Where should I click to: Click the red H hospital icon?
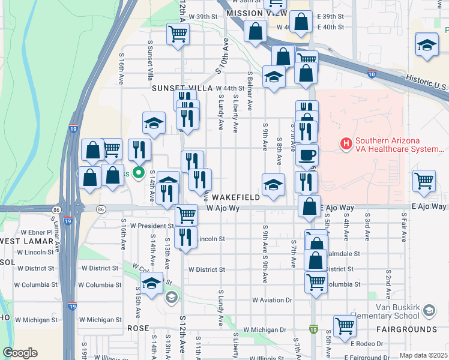coord(346,144)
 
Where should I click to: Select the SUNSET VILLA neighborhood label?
coord(182,88)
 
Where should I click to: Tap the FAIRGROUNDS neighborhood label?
coord(406,329)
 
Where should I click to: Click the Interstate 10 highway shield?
coord(372,74)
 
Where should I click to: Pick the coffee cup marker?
coord(307,155)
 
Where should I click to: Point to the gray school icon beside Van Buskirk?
coord(429,310)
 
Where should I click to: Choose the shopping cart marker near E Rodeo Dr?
coord(345,326)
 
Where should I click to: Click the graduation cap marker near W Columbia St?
coord(152,283)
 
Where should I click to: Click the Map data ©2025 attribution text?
coord(423,355)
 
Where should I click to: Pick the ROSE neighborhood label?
coord(137,329)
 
